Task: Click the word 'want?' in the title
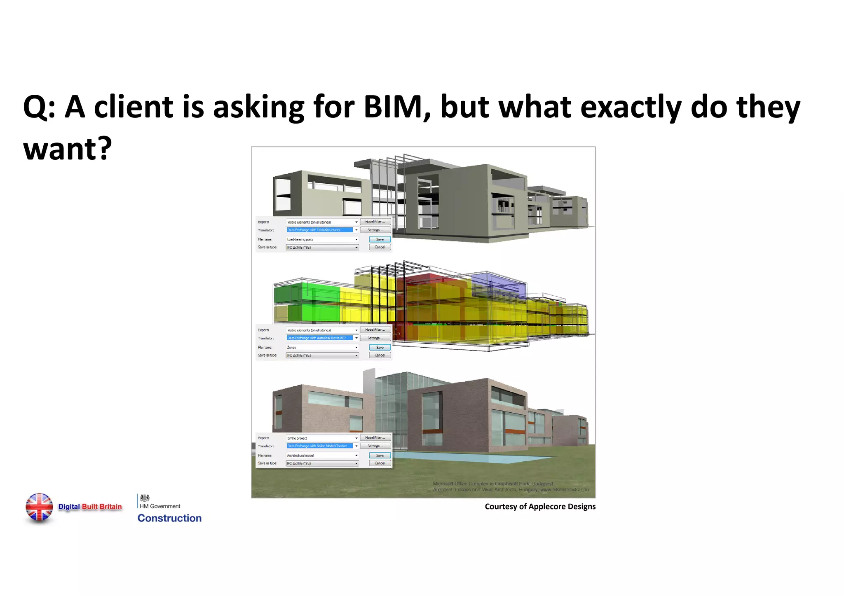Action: point(68,149)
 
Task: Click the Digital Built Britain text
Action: point(90,507)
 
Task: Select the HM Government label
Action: point(160,506)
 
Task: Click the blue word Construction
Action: point(169,518)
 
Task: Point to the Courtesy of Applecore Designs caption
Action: point(540,507)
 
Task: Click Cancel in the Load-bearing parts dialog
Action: point(380,247)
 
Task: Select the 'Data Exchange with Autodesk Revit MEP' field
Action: point(320,338)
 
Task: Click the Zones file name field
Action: point(321,347)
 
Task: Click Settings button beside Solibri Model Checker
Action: point(375,446)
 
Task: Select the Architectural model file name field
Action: point(321,455)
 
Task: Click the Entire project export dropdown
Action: point(321,438)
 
